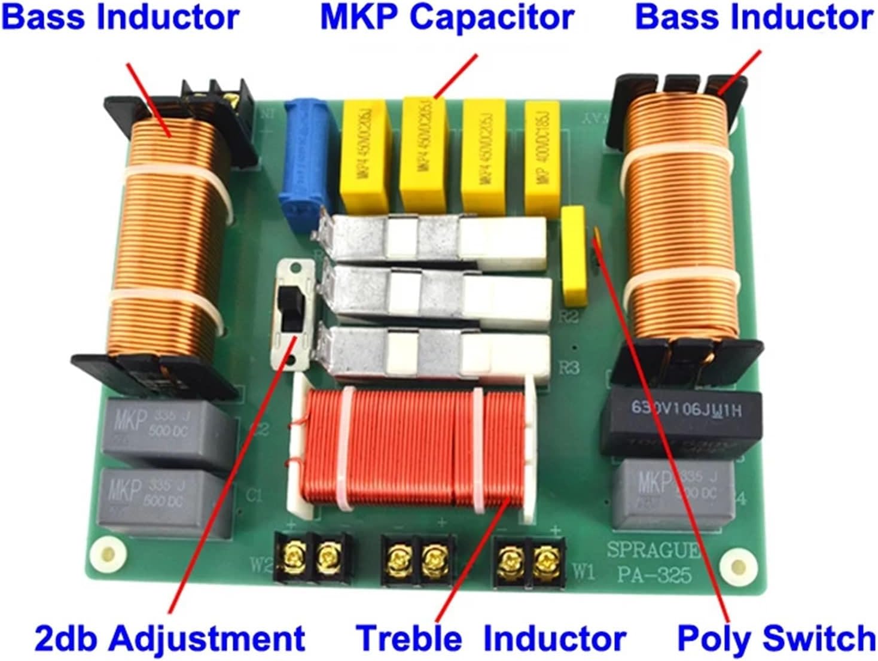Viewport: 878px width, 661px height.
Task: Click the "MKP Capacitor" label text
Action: point(447,18)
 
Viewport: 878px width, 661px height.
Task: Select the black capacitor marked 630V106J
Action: point(682,422)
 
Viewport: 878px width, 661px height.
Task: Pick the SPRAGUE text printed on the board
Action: point(653,549)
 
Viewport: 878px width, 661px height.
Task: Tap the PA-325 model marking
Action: point(654,575)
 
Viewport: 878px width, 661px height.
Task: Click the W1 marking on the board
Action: point(584,572)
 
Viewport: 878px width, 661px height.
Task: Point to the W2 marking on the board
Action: point(260,563)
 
